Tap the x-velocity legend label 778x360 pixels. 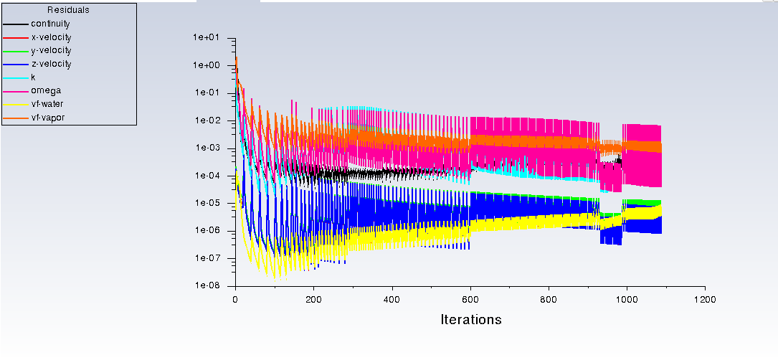[x=51, y=37]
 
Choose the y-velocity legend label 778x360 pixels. [x=51, y=50]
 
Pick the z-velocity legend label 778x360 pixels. [x=51, y=64]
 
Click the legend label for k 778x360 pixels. [x=33, y=77]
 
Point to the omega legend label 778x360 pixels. [x=46, y=90]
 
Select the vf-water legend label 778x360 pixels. [x=47, y=104]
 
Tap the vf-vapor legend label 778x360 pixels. [x=47, y=118]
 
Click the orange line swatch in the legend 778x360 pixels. [x=14, y=118]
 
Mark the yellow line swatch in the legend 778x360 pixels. [x=14, y=104]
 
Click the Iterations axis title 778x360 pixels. [x=470, y=320]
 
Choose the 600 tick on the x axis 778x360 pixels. [x=470, y=299]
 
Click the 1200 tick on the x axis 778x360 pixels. [x=705, y=299]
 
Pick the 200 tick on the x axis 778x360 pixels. [x=313, y=299]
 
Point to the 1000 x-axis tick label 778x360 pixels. [x=627, y=299]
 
